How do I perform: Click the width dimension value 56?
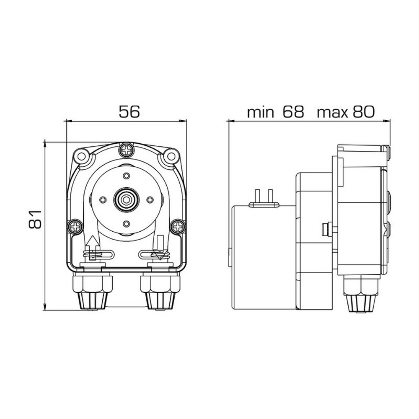coord(127,112)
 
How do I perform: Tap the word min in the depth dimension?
coord(261,112)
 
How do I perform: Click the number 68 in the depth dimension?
coord(292,112)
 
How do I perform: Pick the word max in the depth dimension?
coord(333,112)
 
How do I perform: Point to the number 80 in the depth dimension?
coord(363,112)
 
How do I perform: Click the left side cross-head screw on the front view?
coord(75,227)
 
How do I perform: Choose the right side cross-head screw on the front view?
coord(178,227)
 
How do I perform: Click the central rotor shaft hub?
coord(125,199)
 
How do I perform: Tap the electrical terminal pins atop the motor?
coord(264,197)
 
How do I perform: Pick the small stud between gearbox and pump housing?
coord(325,229)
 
